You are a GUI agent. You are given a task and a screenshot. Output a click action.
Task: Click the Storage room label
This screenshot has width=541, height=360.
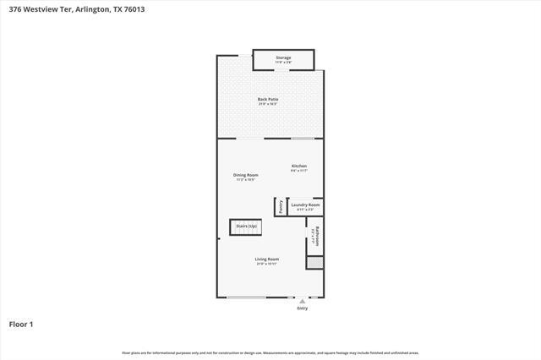click(283, 58)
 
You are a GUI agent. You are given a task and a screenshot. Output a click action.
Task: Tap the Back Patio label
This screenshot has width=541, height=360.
click(268, 100)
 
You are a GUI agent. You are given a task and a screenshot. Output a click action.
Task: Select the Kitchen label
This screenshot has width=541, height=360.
click(299, 166)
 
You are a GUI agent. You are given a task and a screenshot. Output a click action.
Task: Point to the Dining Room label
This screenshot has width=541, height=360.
click(245, 175)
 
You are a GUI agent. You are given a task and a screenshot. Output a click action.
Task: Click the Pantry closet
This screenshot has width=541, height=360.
click(279, 206)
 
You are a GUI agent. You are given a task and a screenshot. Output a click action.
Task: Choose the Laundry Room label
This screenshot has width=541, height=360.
click(305, 205)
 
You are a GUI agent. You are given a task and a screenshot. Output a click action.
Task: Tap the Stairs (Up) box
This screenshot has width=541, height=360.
click(246, 226)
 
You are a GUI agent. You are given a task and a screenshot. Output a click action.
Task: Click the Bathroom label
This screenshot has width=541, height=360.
click(314, 232)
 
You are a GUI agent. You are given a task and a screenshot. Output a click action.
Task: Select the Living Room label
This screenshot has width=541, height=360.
click(267, 259)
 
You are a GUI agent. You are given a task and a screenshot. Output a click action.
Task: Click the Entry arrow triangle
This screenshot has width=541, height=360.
click(303, 300)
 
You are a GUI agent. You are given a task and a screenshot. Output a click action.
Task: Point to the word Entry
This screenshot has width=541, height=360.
click(303, 308)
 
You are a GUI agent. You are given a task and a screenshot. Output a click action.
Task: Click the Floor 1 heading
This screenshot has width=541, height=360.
click(20, 324)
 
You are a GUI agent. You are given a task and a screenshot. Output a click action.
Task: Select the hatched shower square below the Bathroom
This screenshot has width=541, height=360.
click(314, 263)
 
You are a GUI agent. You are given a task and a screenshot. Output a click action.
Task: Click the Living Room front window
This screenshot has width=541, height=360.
click(246, 297)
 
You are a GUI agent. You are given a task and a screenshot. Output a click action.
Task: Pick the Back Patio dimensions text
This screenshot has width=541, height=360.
click(268, 104)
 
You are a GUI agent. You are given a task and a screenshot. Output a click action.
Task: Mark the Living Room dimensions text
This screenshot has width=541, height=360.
click(267, 264)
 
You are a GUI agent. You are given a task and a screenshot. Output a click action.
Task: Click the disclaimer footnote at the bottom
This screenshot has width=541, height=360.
click(270, 352)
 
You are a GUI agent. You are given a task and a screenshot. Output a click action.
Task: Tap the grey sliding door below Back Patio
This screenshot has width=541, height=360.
click(303, 138)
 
